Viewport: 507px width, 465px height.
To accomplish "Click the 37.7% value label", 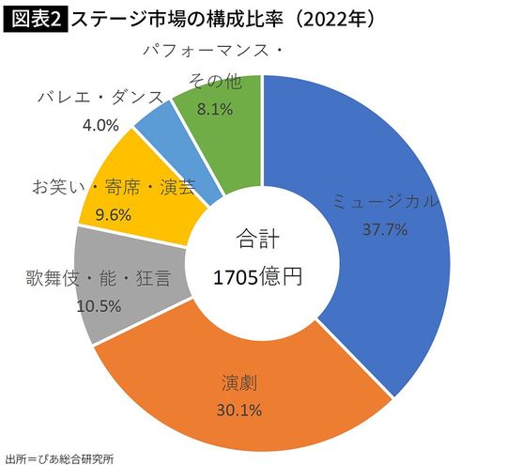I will click(x=384, y=229).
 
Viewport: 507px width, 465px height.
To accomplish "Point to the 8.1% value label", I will click(x=214, y=109).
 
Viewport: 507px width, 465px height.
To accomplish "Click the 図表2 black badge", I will click(x=36, y=17).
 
